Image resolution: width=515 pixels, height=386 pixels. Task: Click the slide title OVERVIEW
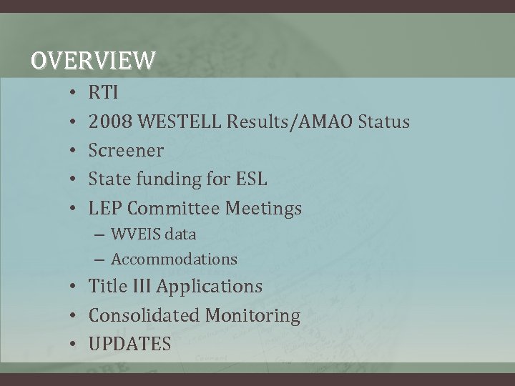point(92,61)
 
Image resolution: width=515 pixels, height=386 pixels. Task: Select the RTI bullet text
point(104,92)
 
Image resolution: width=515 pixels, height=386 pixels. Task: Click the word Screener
point(126,151)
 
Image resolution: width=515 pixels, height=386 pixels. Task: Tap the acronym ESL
point(250,179)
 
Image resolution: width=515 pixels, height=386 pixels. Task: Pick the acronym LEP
point(105,209)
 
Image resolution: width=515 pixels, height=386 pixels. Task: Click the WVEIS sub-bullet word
point(136,234)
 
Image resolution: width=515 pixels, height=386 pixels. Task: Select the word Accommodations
point(174,259)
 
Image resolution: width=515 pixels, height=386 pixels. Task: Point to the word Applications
point(209,287)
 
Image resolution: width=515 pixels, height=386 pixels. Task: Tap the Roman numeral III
point(140,286)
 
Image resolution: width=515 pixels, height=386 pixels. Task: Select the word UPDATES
point(129,344)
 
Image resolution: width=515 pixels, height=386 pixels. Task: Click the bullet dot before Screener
point(74,151)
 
